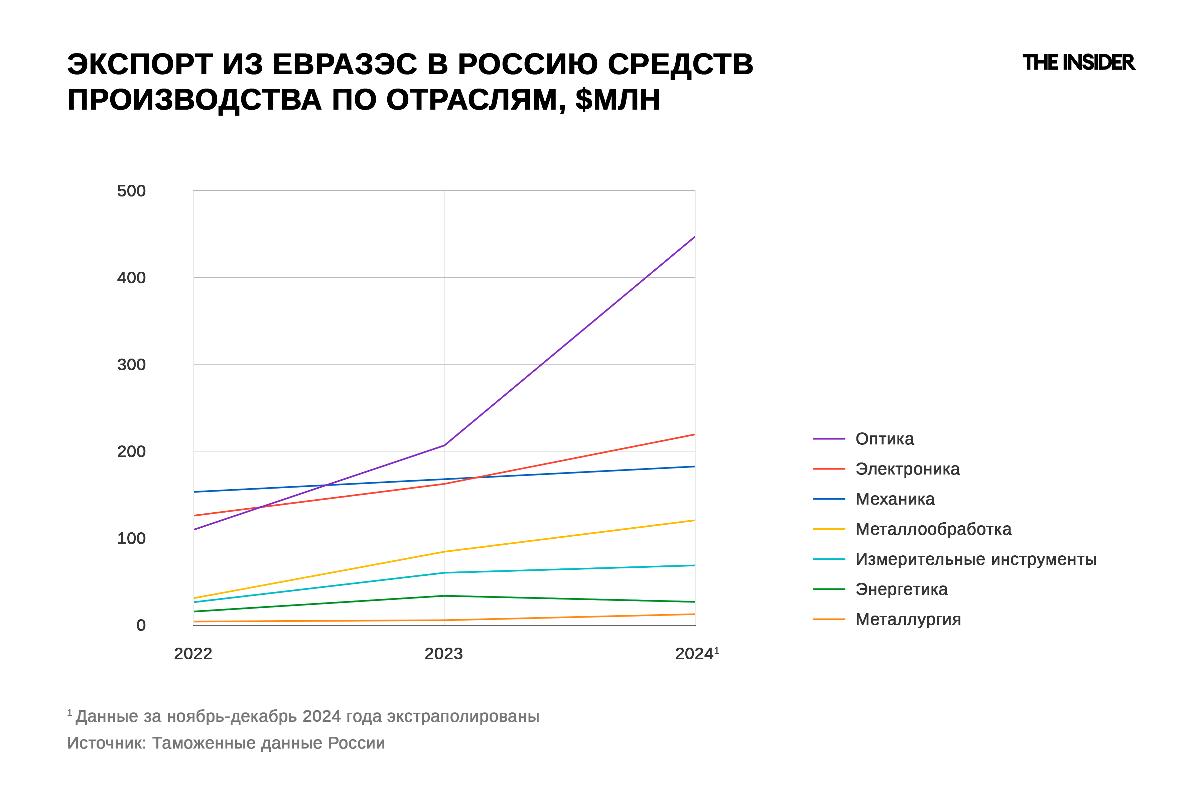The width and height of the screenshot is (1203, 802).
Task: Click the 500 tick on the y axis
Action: [131, 191]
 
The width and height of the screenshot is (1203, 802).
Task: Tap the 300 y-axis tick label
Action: [131, 365]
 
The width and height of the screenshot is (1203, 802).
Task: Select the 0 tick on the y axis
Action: [141, 625]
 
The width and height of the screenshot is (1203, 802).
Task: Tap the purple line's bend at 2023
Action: [444, 445]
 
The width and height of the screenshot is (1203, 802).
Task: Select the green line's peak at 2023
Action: [444, 595]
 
